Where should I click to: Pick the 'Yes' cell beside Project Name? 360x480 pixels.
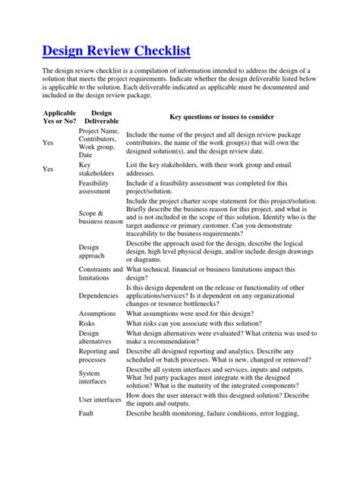click(49, 142)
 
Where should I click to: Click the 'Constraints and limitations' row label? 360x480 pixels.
click(100, 273)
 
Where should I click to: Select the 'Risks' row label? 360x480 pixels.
click(87, 323)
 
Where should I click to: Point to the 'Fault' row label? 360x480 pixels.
click(87, 413)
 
